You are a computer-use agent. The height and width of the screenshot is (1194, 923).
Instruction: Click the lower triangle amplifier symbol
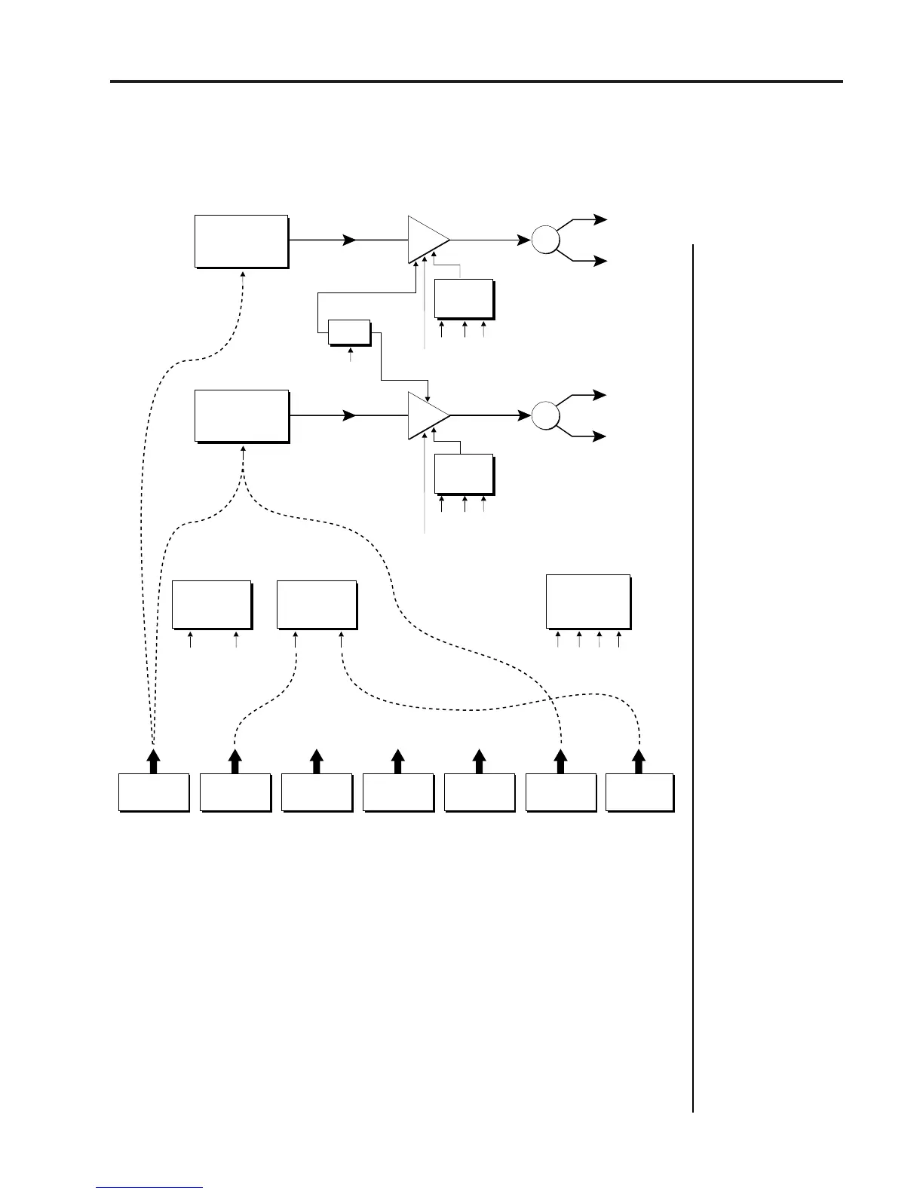click(x=426, y=415)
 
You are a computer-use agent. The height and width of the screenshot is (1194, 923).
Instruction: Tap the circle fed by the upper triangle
click(x=546, y=240)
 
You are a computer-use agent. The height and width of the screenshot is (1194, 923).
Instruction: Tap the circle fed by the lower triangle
click(x=546, y=415)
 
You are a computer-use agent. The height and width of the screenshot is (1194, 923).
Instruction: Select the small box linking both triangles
click(x=349, y=332)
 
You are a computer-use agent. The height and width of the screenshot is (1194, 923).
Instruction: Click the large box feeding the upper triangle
click(x=241, y=241)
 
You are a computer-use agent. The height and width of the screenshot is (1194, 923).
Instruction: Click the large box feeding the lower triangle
click(x=241, y=415)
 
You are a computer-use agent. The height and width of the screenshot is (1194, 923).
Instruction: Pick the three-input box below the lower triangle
click(x=464, y=473)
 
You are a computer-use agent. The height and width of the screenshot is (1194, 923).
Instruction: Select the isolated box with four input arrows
click(x=588, y=601)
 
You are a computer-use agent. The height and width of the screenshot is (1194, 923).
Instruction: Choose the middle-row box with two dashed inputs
click(x=317, y=604)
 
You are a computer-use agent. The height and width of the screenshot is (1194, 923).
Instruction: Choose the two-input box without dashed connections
click(x=212, y=604)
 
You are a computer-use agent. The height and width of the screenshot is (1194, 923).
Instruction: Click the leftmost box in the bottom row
click(x=153, y=791)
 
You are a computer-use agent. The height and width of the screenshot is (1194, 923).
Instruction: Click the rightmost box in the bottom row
click(x=639, y=791)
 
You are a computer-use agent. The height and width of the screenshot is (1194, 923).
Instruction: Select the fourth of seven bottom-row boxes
click(x=398, y=791)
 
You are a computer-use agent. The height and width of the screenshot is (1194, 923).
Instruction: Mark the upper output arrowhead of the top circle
click(x=601, y=220)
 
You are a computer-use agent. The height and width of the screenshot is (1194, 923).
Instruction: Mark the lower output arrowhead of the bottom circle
click(x=601, y=436)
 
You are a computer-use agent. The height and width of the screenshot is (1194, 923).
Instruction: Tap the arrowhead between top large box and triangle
click(x=349, y=240)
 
